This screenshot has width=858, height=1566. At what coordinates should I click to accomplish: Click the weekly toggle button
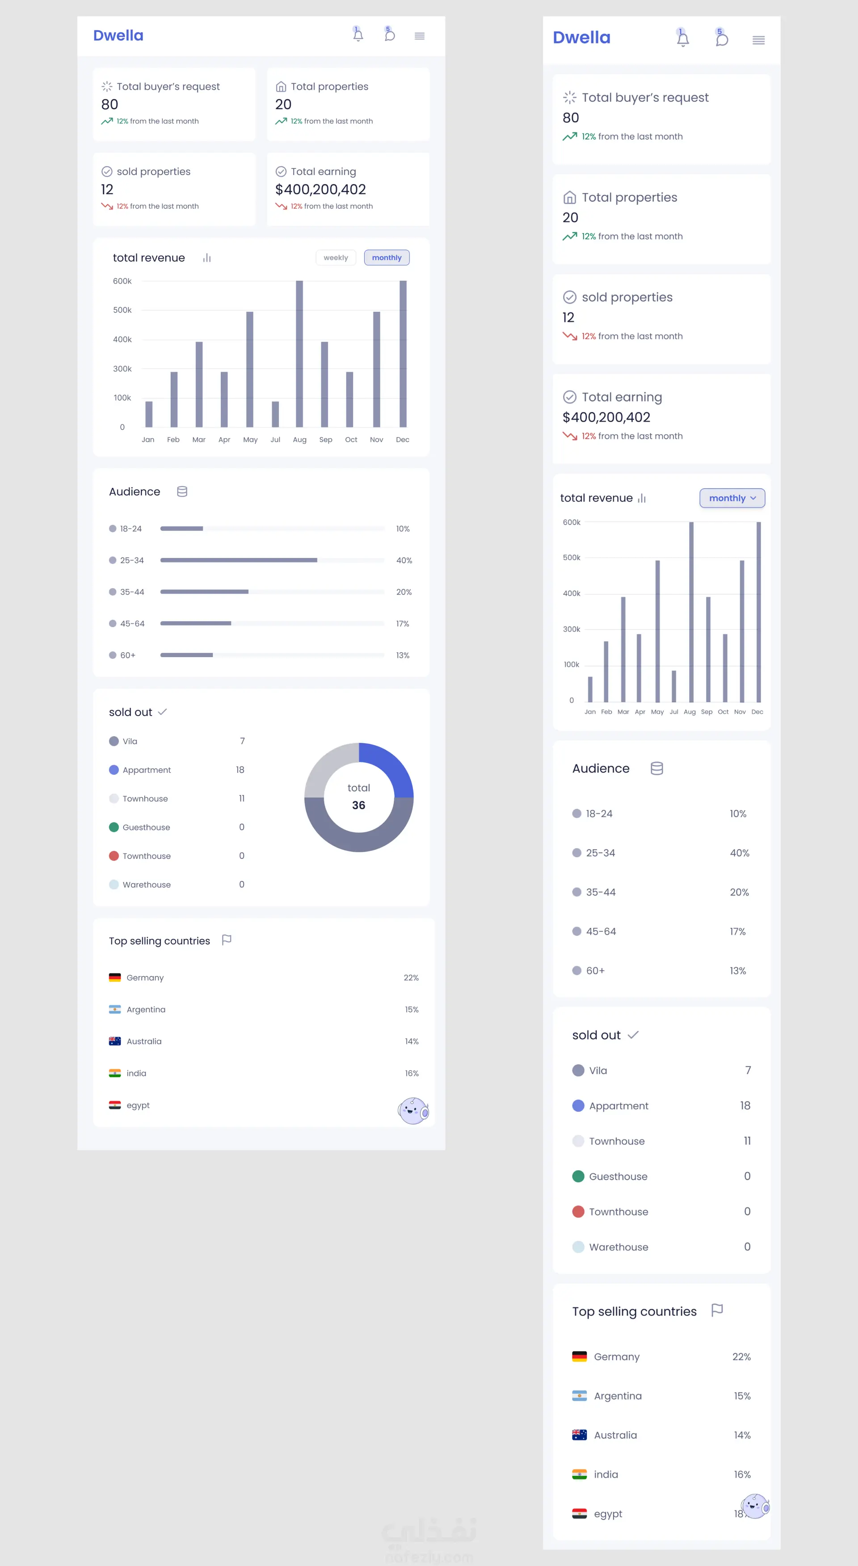(x=336, y=258)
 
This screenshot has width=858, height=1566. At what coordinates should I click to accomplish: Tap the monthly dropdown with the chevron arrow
(x=732, y=498)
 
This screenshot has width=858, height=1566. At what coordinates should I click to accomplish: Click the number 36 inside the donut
(x=359, y=805)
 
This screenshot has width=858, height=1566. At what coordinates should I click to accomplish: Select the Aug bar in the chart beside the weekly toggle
(x=299, y=354)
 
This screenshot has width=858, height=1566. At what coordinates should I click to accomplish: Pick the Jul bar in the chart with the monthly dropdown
(x=674, y=687)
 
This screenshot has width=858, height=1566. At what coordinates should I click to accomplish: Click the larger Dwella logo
(x=581, y=38)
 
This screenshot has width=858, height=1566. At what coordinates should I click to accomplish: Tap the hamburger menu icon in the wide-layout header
(x=420, y=36)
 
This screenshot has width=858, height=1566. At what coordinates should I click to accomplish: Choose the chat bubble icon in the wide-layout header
(x=389, y=35)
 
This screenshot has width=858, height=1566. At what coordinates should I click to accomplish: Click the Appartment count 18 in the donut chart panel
(x=240, y=770)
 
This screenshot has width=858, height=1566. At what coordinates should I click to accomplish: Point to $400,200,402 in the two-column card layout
(x=320, y=190)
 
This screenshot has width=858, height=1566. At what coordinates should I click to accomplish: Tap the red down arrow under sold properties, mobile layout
(x=570, y=336)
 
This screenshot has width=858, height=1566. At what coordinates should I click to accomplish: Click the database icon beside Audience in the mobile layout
(x=657, y=768)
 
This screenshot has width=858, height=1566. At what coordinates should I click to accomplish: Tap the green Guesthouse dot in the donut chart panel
(x=114, y=827)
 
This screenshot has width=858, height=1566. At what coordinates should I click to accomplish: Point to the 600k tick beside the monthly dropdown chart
(x=572, y=522)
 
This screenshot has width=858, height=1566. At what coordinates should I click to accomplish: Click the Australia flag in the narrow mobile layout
(x=580, y=1435)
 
